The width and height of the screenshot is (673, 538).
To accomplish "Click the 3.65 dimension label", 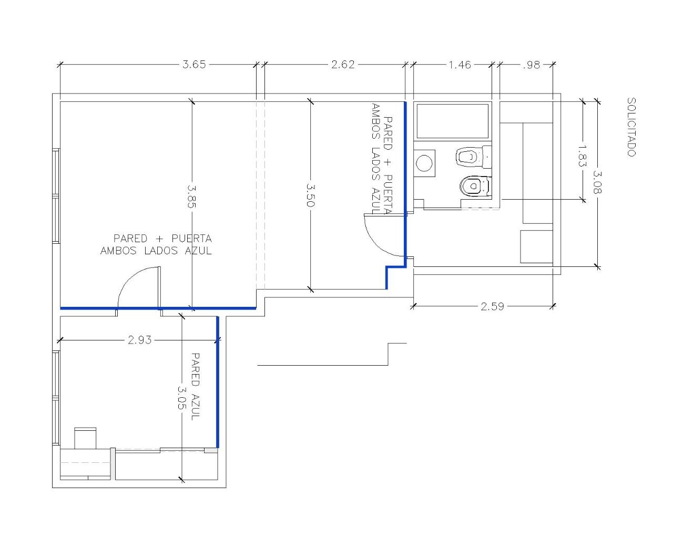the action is (x=194, y=65).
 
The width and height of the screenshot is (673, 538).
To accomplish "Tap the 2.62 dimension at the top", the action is (x=343, y=65).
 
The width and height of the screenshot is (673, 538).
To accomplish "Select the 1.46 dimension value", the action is (x=460, y=65).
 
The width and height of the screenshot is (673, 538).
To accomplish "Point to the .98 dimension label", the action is (x=532, y=65).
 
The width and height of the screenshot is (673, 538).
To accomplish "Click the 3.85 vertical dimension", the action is (x=192, y=196).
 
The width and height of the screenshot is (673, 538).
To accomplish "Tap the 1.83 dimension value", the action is (x=582, y=156).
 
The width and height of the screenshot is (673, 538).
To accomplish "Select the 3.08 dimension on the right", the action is (x=597, y=182).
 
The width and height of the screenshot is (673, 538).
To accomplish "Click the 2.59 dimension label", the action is (x=492, y=306).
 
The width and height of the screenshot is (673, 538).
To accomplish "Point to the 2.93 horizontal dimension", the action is (x=139, y=340).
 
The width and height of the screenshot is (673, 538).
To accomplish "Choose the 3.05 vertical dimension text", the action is (x=182, y=398).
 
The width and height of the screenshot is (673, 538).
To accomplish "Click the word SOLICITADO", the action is (x=631, y=127).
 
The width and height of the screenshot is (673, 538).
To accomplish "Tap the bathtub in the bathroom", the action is (x=453, y=121).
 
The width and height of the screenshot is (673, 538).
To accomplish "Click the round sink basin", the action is (x=424, y=163).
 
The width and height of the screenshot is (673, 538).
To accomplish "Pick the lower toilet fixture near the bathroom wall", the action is (x=475, y=187).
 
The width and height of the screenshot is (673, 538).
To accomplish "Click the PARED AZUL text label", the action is (x=195, y=386).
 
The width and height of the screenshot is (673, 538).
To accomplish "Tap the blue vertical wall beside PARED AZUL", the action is (x=217, y=382).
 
